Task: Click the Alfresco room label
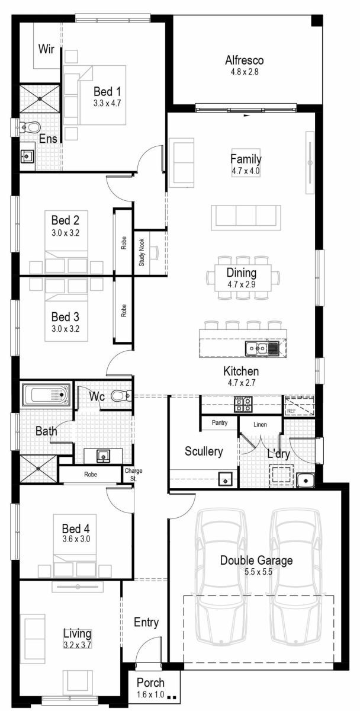(x=244, y=60)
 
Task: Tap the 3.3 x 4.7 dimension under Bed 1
(x=107, y=103)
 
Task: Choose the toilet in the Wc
(x=120, y=396)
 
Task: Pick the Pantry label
(x=219, y=423)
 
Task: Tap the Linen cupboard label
(x=260, y=425)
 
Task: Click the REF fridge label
(x=291, y=410)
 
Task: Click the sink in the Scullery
(x=226, y=479)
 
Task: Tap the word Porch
(x=150, y=683)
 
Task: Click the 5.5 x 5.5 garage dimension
(x=256, y=572)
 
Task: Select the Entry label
(x=146, y=622)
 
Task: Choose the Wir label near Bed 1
(x=47, y=49)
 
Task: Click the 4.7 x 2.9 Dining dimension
(x=241, y=284)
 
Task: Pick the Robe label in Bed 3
(x=124, y=311)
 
